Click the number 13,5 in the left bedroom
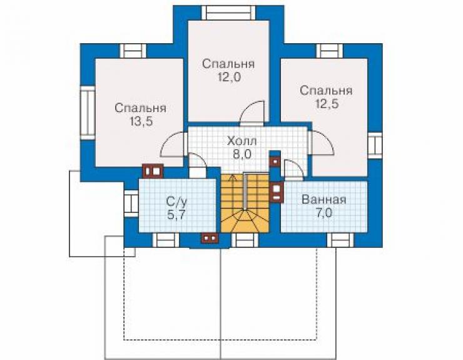(x=141, y=121)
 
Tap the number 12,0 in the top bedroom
(x=230, y=77)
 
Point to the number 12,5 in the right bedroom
(x=326, y=104)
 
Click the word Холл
(x=242, y=141)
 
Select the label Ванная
(x=324, y=200)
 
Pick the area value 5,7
(x=176, y=215)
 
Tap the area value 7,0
(x=324, y=213)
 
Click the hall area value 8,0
(x=242, y=154)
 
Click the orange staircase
(x=245, y=203)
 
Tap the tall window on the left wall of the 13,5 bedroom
(x=88, y=113)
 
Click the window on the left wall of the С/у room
(x=131, y=204)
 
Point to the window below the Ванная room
(x=340, y=240)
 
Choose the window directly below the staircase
(x=245, y=240)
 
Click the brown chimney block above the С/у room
(x=153, y=171)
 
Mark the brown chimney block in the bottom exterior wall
(x=210, y=238)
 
